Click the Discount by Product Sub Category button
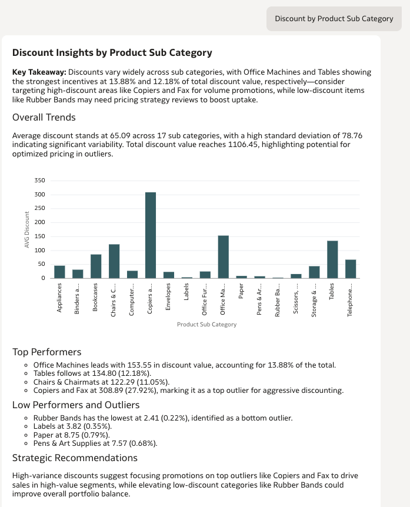[x=334, y=19]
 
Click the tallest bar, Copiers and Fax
[x=151, y=235]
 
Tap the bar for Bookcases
[x=96, y=266]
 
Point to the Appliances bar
[x=59, y=272]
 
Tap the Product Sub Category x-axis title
[x=206, y=324]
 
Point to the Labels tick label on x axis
[x=187, y=292]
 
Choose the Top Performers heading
[x=47, y=352]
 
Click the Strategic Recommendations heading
[x=75, y=458]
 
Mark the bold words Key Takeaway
[x=39, y=72]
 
